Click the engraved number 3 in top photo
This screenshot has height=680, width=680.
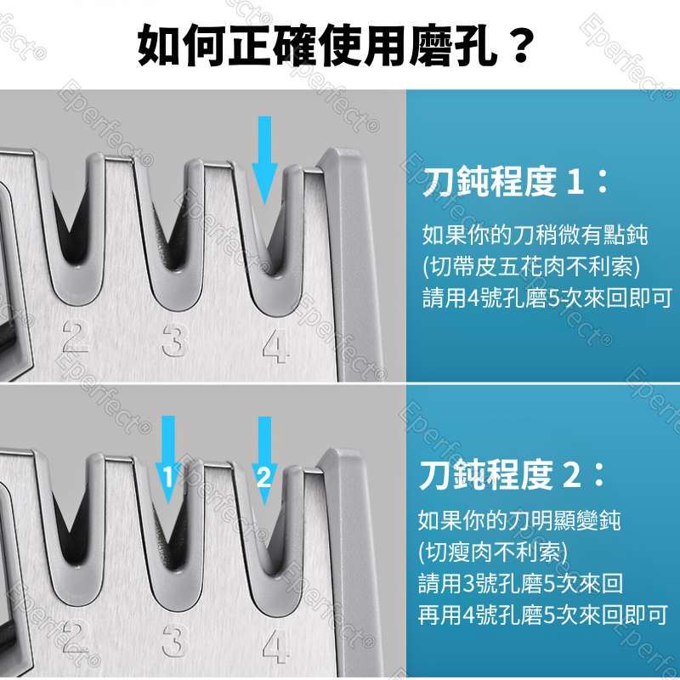(x=173, y=342)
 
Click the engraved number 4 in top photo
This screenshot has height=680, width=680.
(x=274, y=344)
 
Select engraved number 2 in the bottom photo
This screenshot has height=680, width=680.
(x=76, y=637)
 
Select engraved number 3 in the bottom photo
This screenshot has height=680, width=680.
(x=173, y=639)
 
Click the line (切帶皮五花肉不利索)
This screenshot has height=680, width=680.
(x=530, y=267)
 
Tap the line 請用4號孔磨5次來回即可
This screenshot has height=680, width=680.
(x=547, y=298)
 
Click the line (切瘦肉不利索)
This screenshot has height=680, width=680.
(x=492, y=552)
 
